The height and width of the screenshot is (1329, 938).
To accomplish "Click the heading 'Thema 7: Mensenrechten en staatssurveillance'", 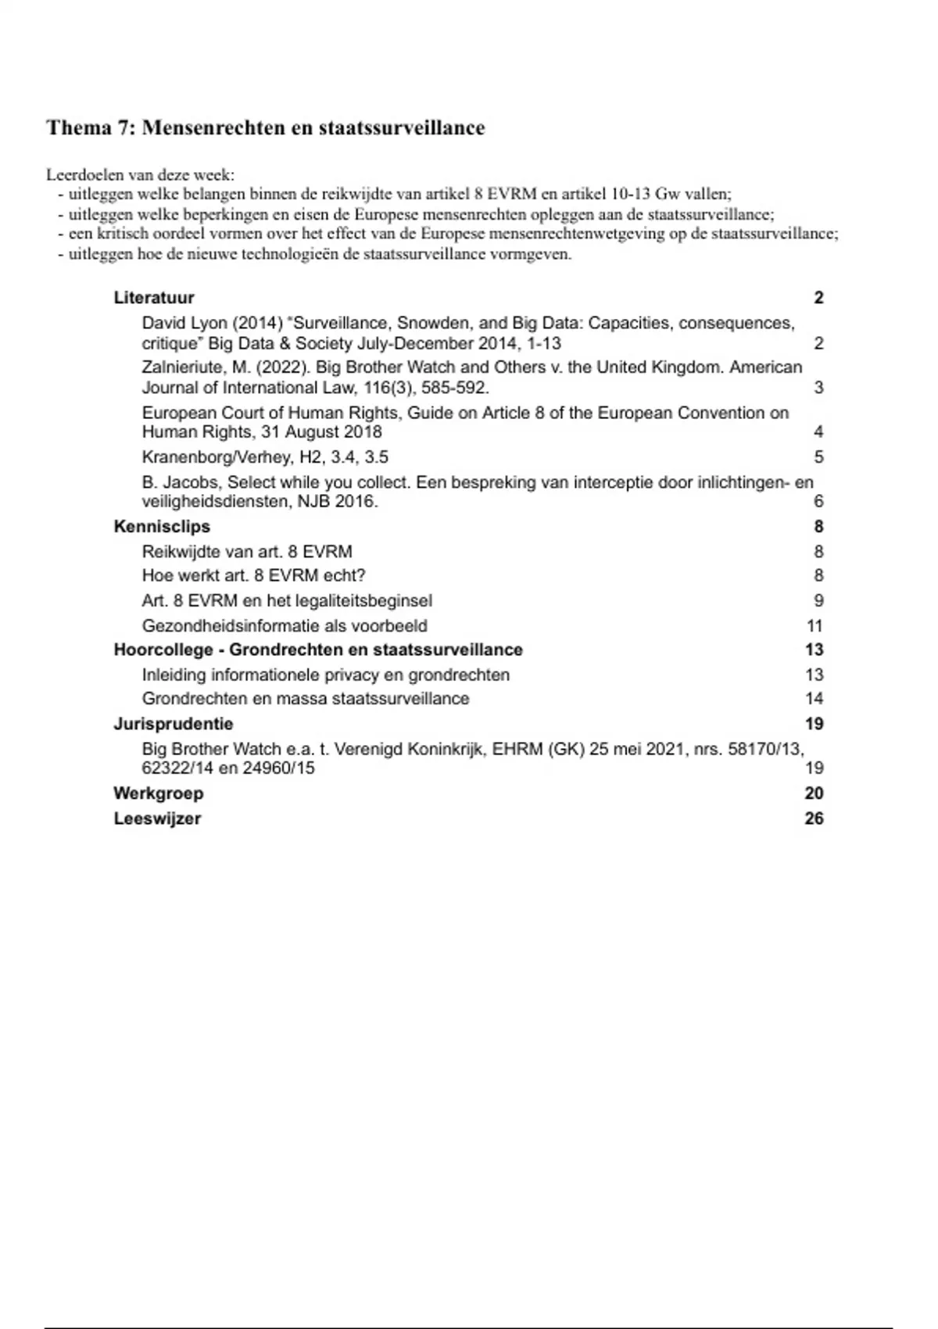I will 265,128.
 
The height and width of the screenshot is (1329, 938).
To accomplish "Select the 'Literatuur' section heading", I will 153,298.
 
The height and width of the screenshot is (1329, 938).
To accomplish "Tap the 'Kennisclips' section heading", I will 162,527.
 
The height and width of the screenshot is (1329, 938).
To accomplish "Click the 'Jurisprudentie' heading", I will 173,724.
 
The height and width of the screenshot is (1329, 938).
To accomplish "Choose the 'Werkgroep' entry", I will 158,793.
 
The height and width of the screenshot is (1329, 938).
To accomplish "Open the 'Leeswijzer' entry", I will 157,819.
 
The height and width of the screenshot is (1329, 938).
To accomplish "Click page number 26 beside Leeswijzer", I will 814,819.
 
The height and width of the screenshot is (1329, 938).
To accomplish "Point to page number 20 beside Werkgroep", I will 814,793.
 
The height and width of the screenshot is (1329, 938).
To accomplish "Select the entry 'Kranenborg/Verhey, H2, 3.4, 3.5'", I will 265,457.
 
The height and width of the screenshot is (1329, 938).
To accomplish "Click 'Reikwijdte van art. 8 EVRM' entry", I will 247,552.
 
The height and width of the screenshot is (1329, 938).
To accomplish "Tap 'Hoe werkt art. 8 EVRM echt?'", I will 253,576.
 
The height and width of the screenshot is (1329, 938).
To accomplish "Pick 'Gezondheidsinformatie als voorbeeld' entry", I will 285,626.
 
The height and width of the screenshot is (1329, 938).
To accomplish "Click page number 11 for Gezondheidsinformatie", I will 814,626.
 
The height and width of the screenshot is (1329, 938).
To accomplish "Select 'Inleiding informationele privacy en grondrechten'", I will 325,675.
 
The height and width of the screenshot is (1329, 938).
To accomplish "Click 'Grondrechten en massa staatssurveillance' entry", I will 306,699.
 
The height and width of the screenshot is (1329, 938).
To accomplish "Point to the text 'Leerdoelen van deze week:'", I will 140,175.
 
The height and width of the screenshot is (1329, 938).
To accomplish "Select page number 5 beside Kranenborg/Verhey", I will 818,457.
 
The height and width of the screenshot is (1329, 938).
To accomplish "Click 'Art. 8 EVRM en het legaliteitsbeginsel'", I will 287,601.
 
